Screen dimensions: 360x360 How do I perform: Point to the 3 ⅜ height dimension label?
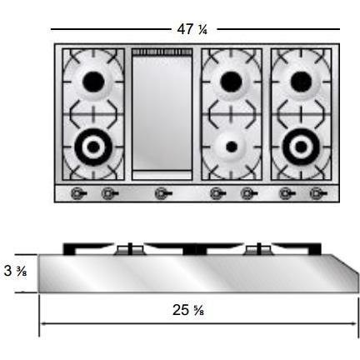coord(14,271)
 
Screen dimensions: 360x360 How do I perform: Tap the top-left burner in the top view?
coord(94,81)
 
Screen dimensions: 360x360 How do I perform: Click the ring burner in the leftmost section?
coord(93,147)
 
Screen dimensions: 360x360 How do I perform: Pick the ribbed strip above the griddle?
coord(162,52)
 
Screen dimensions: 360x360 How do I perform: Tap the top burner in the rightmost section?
coord(298,81)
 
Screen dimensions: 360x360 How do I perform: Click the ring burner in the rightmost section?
coord(298,147)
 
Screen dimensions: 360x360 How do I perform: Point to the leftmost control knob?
coord(78,194)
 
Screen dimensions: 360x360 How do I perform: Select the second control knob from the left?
coord(108,194)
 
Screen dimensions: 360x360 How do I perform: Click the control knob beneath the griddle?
coord(162,194)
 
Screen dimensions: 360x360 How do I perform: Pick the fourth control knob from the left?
coord(217,194)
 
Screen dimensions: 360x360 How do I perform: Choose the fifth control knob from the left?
coord(247,194)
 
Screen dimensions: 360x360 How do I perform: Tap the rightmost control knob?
coord(317,194)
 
